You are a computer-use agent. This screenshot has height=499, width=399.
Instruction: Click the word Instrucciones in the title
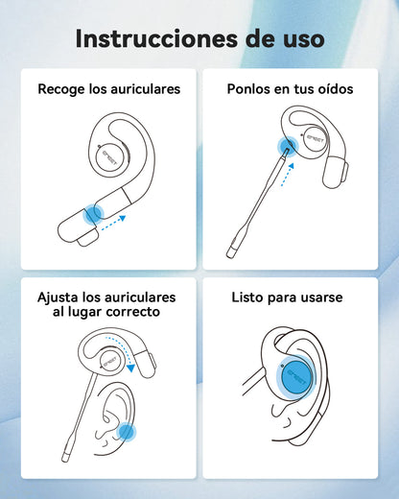click(x=156, y=39)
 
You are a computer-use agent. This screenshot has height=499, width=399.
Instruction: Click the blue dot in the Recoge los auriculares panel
click(x=93, y=214)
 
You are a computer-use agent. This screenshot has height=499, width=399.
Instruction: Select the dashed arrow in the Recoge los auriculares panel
click(x=113, y=223)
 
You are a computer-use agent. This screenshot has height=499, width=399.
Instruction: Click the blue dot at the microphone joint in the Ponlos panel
click(x=288, y=147)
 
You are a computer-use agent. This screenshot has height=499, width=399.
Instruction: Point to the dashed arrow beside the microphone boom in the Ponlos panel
click(x=288, y=175)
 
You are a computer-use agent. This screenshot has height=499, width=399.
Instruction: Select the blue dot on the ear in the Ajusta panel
click(x=126, y=432)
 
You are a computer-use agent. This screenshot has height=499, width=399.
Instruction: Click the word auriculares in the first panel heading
click(x=146, y=89)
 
